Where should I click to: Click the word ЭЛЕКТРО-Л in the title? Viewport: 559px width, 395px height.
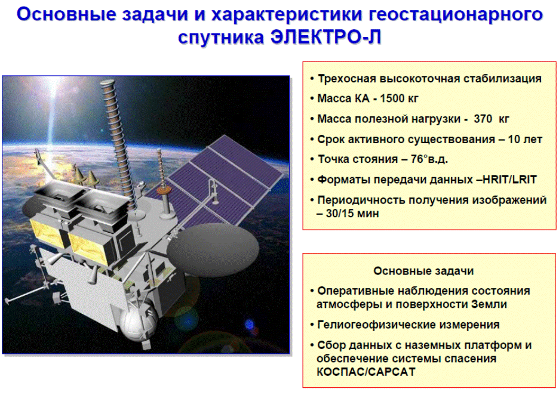[326, 36]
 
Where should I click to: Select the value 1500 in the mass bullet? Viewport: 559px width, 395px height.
[392, 98]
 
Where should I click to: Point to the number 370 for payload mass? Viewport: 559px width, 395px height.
[483, 119]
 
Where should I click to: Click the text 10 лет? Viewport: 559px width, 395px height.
[525, 139]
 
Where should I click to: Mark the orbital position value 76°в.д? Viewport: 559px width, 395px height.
[429, 159]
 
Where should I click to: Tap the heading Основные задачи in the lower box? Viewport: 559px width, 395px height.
[423, 271]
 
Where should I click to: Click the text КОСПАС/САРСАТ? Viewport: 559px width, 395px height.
[366, 372]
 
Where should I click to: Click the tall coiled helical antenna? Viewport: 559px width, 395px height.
[118, 143]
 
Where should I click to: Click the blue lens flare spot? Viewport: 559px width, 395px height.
[249, 324]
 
